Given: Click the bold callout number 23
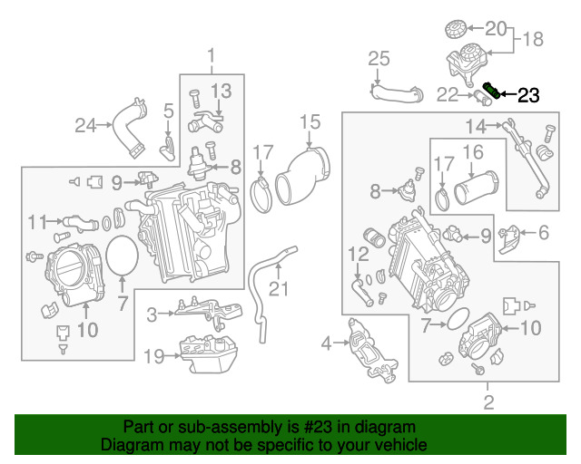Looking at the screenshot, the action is coord(528,95).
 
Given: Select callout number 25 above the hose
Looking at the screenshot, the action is coord(379,59).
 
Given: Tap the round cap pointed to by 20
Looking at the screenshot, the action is coord(456,29).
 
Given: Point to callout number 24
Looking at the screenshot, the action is coord(85,125).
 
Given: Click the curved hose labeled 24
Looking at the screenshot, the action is coord(130,128).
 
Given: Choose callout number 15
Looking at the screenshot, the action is coord(310,122).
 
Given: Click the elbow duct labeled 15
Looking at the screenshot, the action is coord(302,177).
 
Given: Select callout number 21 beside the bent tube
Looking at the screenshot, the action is coord(279,289).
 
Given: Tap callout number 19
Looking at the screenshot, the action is coord(153,357).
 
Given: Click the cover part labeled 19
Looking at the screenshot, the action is coord(208,354).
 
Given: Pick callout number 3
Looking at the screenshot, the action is coord(152,314).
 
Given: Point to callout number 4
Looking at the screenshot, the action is coord(326,343).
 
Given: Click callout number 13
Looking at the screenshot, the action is coord(222,91).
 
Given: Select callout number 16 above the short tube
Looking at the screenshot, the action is coord(473,152).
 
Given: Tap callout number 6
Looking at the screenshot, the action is coord(544,233).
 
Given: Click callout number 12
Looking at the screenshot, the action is coord(359,254).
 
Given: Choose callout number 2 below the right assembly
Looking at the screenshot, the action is coord(488,402).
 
